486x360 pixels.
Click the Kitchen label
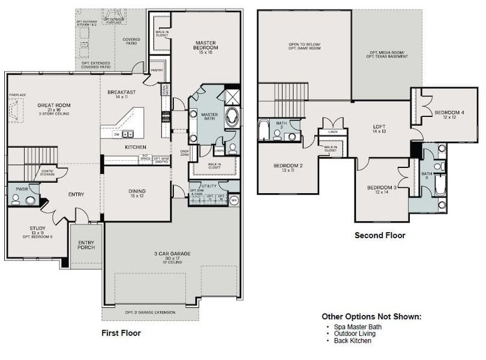click(x=136, y=146)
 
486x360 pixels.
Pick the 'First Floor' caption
click(x=121, y=332)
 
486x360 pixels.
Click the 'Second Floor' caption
click(x=380, y=235)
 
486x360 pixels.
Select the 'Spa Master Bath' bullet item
click(x=356, y=326)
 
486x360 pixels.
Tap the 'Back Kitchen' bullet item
click(x=353, y=341)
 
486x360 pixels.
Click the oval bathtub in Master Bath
click(x=232, y=118)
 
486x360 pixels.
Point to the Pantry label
click(x=157, y=70)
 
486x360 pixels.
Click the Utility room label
click(x=209, y=187)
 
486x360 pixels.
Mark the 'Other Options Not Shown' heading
click(x=371, y=316)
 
